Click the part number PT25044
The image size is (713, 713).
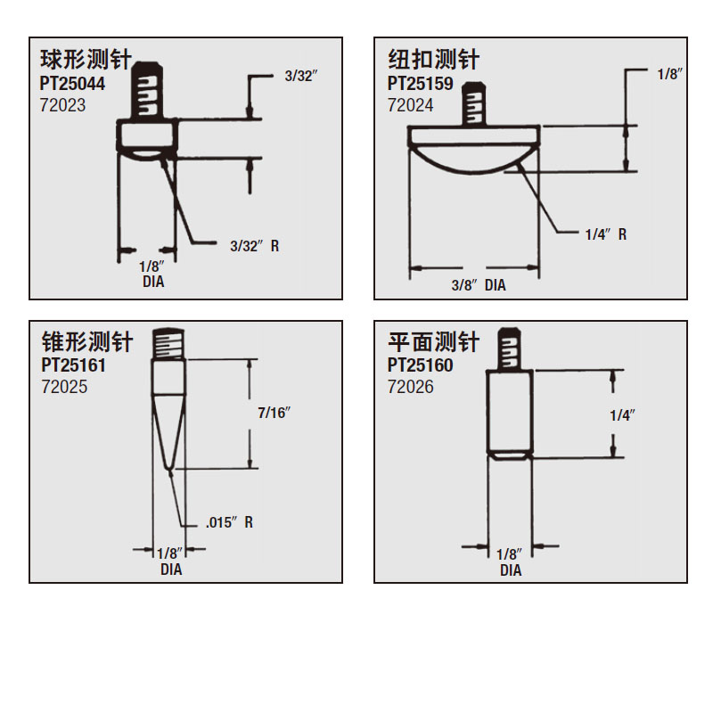[72, 84]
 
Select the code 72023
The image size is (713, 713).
[62, 105]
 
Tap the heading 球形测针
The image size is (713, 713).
[86, 60]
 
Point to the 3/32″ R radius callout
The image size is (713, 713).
[255, 246]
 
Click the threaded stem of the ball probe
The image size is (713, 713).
[147, 90]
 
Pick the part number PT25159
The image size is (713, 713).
[420, 84]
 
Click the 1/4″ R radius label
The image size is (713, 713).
[606, 234]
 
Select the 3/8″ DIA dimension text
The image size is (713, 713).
[479, 285]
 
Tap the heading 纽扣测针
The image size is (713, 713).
[434, 60]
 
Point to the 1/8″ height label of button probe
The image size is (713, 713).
[670, 74]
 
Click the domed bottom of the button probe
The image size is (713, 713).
[474, 160]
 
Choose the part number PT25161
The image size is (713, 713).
[73, 365]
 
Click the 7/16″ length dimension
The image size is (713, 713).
[275, 413]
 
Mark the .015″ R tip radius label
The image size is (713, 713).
[229, 522]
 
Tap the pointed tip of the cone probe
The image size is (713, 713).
[169, 468]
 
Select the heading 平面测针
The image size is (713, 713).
[434, 342]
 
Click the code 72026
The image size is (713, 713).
[411, 387]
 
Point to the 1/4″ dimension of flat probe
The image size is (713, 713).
[622, 415]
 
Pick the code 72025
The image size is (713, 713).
[64, 387]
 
